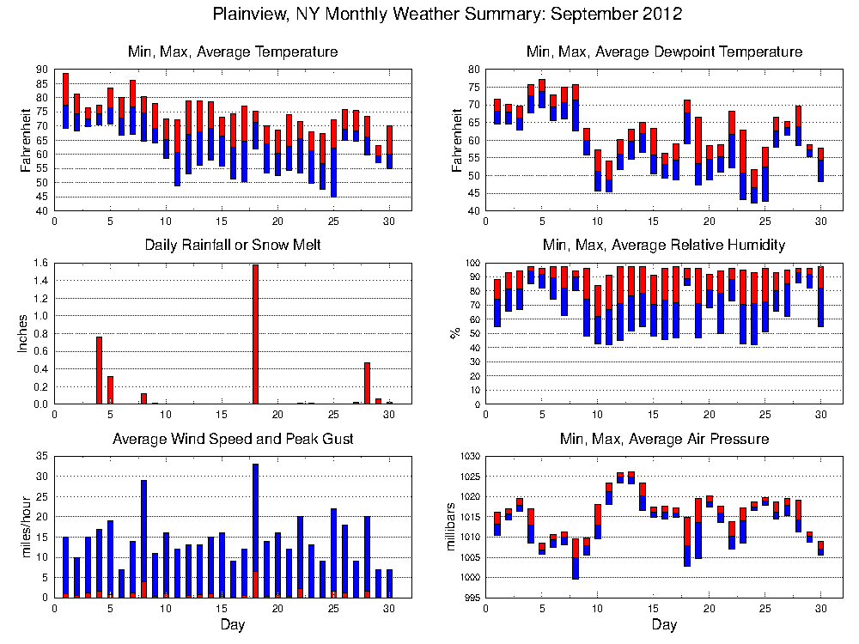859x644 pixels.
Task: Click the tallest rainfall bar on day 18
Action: tap(255, 334)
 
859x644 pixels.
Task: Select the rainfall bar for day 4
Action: tap(99, 370)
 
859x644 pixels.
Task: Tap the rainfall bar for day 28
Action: tap(367, 383)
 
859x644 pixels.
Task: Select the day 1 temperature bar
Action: tap(65, 100)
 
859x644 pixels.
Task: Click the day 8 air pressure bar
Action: tap(576, 558)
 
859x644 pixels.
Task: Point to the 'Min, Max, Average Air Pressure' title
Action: tap(664, 439)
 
